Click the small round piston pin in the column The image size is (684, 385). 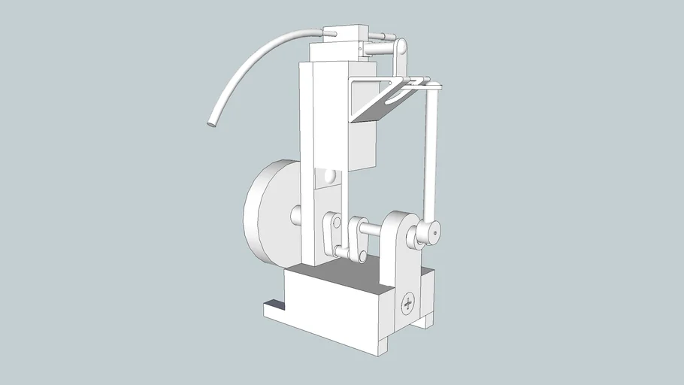pyautogui.click(x=330, y=177)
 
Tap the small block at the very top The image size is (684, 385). pyautogui.click(x=344, y=34)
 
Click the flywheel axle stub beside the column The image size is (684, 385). pyautogui.click(x=296, y=216)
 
